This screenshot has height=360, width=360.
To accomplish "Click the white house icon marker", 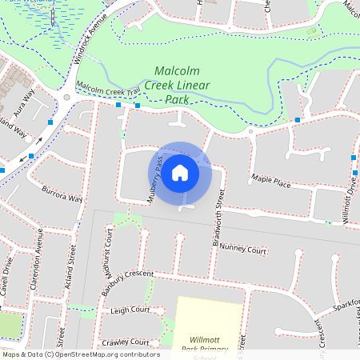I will coord(180,173).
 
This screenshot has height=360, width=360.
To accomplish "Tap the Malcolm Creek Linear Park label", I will coord(182,85).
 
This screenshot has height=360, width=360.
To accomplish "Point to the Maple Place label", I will coord(270,182).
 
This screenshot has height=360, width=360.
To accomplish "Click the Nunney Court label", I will coord(243,250).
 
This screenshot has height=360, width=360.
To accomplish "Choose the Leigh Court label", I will coord(130,310).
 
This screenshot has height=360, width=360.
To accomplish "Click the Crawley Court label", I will coord(126,342).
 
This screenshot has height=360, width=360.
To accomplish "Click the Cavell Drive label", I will coord(6,277).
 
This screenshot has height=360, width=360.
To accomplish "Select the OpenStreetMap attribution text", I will coord(80,354).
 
